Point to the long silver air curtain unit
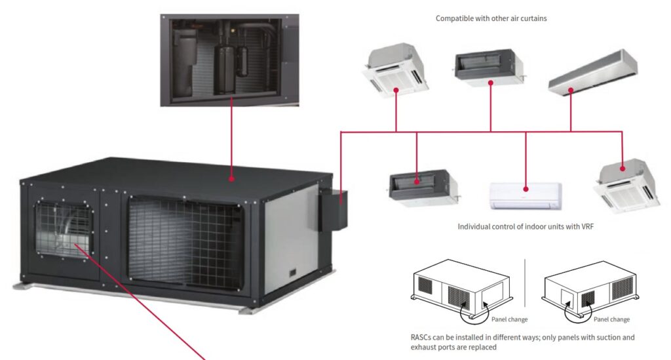(592, 71)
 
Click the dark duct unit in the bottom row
(419, 186)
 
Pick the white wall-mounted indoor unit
(526, 195)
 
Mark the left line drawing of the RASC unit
(461, 289)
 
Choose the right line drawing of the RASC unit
(590, 289)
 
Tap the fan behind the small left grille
(66, 230)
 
